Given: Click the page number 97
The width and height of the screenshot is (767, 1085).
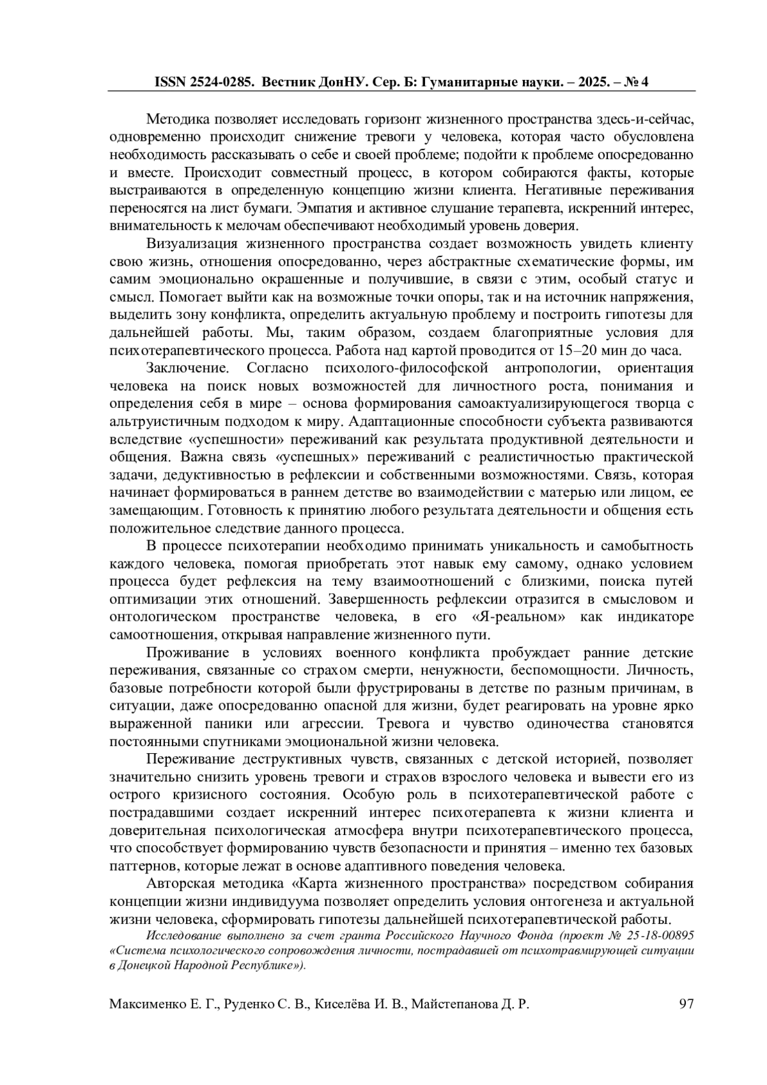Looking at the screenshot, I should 686,1004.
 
